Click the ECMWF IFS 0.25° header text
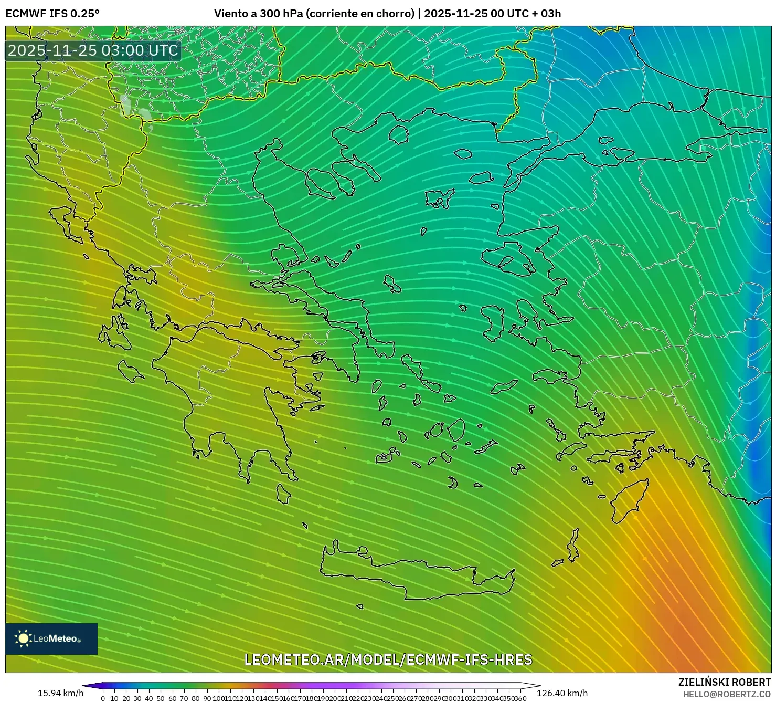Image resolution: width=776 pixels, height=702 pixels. tap(52, 14)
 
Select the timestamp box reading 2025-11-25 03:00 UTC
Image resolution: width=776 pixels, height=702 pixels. tap(93, 50)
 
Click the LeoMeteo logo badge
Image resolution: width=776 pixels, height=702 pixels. tap(51, 638)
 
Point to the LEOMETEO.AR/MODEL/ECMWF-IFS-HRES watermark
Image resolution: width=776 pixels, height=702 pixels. tap(388, 659)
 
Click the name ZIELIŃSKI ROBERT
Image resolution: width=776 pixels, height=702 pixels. tap(725, 683)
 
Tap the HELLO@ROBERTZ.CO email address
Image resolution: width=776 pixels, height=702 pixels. tap(727, 694)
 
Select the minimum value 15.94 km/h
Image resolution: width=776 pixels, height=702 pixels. tap(60, 693)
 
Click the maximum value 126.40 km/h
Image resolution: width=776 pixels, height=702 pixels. tap(562, 693)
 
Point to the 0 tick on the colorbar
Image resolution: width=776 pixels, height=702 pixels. tap(103, 698)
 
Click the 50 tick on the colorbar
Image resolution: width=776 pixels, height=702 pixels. tap(161, 698)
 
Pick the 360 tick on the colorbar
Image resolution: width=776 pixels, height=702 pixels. tap(520, 698)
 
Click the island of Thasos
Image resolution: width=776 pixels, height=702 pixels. tap(399, 135)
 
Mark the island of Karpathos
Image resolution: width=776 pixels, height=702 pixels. tap(573, 546)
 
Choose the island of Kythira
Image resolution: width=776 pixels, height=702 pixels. tap(283, 494)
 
